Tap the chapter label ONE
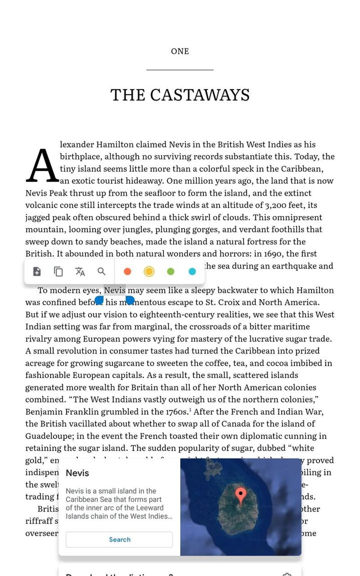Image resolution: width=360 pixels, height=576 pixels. click(180, 51)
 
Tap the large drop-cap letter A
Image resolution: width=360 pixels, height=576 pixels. click(42, 166)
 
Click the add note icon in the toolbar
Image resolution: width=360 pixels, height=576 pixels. click(37, 271)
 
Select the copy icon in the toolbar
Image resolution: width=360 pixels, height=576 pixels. click(58, 271)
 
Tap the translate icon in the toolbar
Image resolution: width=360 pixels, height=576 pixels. click(80, 271)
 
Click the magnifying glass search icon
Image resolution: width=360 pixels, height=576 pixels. click(101, 271)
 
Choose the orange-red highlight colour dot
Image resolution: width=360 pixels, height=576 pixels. click(127, 271)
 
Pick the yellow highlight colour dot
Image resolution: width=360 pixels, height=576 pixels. click(149, 271)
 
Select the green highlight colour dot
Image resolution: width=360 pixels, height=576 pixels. click(170, 271)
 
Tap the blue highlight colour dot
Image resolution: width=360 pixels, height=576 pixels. click(192, 271)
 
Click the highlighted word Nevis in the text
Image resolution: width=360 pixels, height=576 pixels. click(114, 290)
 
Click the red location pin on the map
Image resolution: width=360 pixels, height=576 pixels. click(240, 495)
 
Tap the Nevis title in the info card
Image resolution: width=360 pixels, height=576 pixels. click(77, 473)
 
